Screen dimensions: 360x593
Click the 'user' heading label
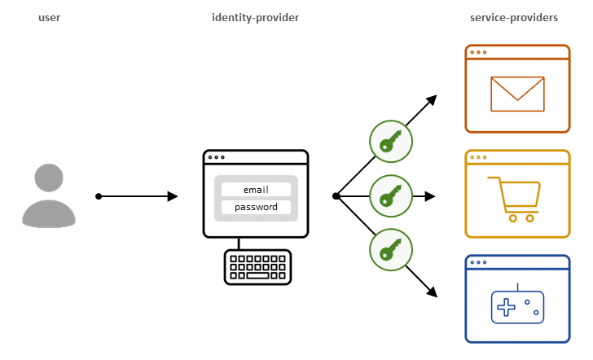(x=50, y=18)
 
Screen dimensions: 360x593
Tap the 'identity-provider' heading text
(x=255, y=18)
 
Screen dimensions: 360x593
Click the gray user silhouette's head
(x=50, y=178)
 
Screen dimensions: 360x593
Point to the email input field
(x=256, y=190)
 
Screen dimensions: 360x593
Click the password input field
(x=256, y=207)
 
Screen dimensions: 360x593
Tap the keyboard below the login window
(x=257, y=267)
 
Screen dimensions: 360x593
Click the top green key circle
(x=390, y=140)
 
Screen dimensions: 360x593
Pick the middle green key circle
(x=390, y=196)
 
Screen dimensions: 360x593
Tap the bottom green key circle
(x=390, y=250)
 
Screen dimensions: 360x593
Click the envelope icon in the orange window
(x=517, y=94)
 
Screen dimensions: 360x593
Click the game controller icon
(x=516, y=306)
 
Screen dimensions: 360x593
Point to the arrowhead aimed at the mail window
(x=431, y=100)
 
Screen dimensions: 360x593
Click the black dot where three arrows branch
(x=336, y=196)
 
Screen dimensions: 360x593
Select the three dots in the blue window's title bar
(x=479, y=262)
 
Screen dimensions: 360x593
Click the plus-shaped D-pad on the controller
(x=507, y=308)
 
